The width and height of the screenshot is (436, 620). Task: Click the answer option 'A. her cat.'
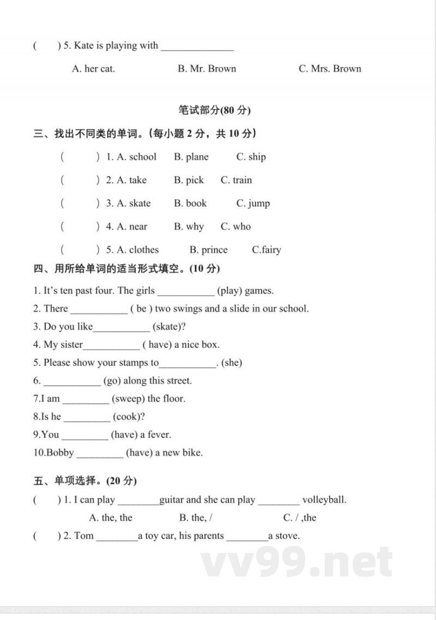tap(94, 69)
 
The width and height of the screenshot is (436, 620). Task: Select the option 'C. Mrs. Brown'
tap(330, 69)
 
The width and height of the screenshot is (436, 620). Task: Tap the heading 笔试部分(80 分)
tap(214, 110)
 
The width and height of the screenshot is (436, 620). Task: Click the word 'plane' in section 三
tap(197, 157)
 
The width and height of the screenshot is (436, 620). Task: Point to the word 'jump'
tap(259, 203)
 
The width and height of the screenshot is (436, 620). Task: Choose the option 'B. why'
tap(189, 226)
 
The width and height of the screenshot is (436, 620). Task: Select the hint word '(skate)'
tap(169, 327)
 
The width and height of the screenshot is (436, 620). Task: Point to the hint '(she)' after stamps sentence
tap(232, 363)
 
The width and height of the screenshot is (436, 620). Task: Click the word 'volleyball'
tap(324, 499)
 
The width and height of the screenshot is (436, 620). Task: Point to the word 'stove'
tap(287, 535)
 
